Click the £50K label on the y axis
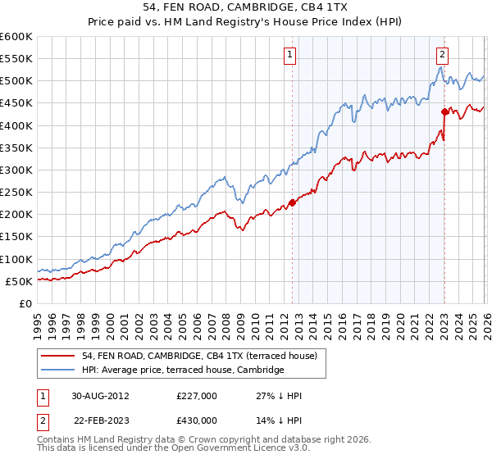tap(20, 281)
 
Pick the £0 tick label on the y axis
tap(26, 303)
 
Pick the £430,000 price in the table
tap(196, 420)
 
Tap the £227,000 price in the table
tap(196, 395)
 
